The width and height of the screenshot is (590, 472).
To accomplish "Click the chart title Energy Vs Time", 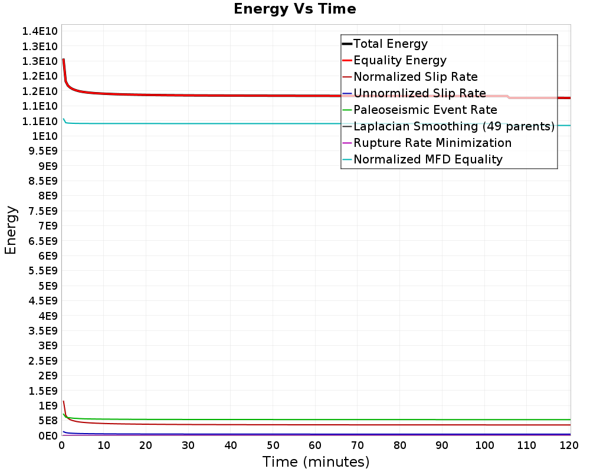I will coord(295,9).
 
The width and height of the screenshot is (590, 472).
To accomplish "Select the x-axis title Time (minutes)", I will coord(316,461).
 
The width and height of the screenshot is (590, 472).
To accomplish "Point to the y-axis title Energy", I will coord(10,230).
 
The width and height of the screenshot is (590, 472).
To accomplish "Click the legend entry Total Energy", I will coord(390,44).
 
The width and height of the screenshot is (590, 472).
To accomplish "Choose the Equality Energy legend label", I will coord(399,60).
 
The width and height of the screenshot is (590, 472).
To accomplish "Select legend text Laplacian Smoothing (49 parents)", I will coord(453,126).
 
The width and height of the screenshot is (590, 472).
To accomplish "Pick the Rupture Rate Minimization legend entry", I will coord(432,143).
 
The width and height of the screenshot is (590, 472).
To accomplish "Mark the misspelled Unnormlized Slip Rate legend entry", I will coord(419,93).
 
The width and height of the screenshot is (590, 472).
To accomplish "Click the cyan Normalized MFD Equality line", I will coord(236,123).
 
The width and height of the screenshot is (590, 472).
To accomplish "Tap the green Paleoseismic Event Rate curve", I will coord(236,419).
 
